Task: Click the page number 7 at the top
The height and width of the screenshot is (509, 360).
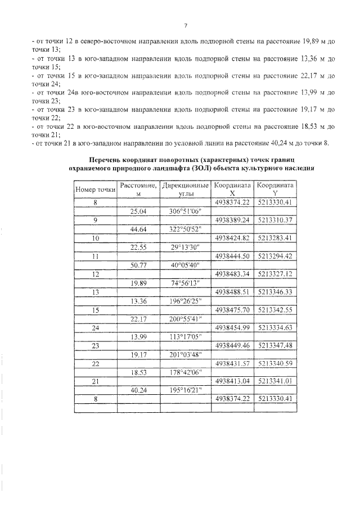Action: [185, 25]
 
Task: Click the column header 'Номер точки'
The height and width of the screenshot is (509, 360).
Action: [94, 189]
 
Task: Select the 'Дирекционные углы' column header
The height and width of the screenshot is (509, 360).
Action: [185, 189]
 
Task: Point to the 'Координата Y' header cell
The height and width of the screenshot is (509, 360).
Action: [274, 189]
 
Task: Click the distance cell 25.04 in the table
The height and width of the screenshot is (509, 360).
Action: [137, 211]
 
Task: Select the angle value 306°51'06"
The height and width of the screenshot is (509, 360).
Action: [185, 211]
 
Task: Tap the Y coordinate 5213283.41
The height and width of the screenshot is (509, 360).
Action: [274, 238]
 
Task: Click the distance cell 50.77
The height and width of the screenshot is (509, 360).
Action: [137, 265]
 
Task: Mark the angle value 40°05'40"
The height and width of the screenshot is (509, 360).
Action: [185, 265]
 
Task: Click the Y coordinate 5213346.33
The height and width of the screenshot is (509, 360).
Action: [274, 292]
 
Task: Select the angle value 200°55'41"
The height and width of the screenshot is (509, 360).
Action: [185, 319]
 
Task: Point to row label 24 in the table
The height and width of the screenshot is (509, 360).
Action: [94, 328]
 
